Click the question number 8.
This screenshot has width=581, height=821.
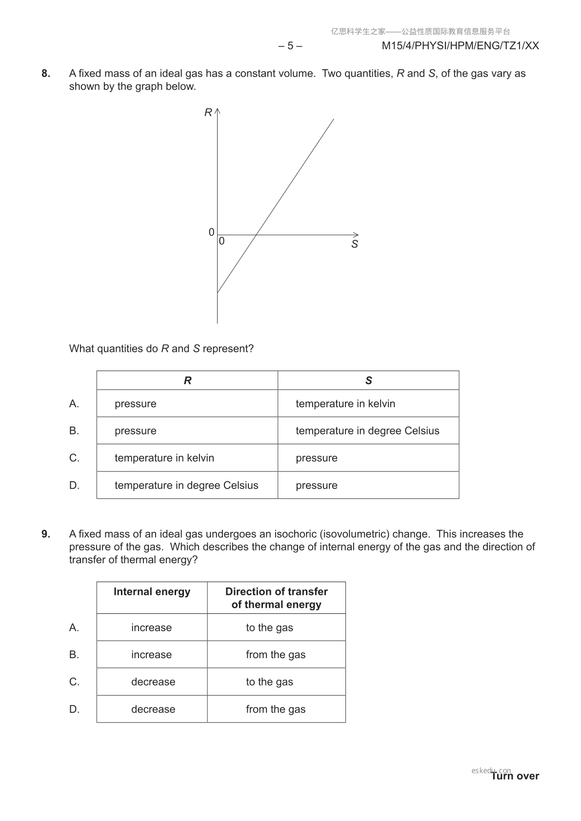coord(45,74)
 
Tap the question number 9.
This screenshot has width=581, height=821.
coord(45,534)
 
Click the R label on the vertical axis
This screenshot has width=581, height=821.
coord(208,113)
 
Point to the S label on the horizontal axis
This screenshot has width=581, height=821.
coord(355,244)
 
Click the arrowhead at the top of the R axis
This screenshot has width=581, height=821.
coord(218,111)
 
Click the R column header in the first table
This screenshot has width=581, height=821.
coord(187,381)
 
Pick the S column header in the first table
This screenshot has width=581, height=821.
coord(368,381)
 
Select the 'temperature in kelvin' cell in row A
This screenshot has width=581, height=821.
coord(345,404)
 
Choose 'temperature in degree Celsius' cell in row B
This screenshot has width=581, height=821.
coord(367,431)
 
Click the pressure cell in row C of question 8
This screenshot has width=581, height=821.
coord(317,458)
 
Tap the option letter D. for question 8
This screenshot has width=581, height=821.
coord(74,486)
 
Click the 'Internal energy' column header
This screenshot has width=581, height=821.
coord(152,592)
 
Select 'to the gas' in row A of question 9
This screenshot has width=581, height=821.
coord(269,628)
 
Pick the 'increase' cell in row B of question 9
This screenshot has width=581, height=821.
coord(151,655)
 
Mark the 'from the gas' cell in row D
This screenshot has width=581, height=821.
coord(276,709)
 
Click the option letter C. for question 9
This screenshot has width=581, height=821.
coord(74,682)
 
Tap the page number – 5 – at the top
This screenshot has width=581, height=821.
coord(290,46)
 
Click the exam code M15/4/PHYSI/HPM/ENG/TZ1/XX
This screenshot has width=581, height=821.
coord(460,46)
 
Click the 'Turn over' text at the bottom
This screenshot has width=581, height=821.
coord(515,776)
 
